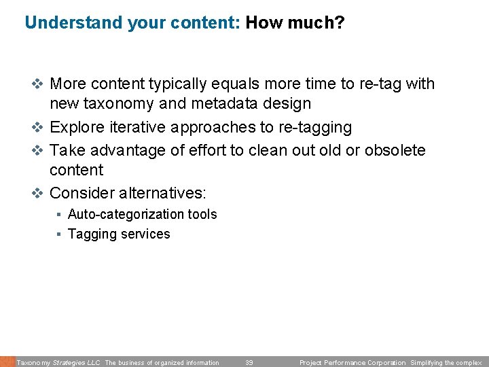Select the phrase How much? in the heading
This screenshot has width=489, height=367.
coord(295,23)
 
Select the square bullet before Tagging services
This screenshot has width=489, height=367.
coord(60,234)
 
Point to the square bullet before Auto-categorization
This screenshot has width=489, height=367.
coord(60,214)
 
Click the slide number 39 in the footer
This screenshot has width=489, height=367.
coord(249,363)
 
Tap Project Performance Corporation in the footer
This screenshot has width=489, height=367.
coord(352,363)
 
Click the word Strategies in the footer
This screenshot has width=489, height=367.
coord(69,363)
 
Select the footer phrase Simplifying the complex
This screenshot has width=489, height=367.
coord(446,363)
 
